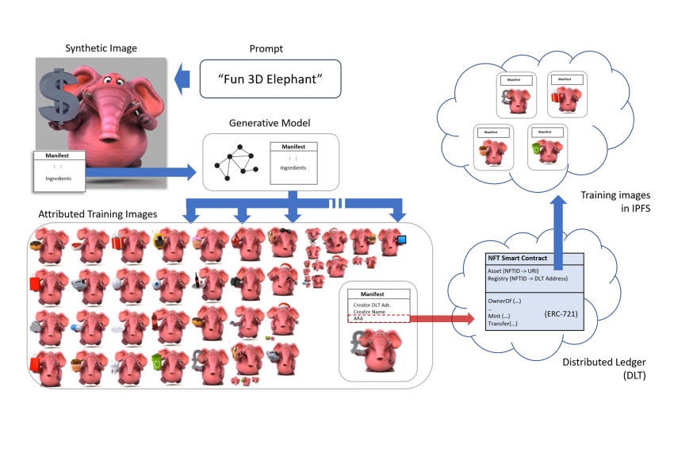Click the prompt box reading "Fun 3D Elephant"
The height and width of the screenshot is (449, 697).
[270, 79]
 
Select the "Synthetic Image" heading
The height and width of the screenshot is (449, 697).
[100, 49]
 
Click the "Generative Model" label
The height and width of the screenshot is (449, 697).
[270, 124]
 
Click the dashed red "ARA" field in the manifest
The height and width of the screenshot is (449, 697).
[377, 319]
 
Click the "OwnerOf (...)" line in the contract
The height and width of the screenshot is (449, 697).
[505, 300]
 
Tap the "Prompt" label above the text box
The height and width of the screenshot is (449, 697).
[270, 49]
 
